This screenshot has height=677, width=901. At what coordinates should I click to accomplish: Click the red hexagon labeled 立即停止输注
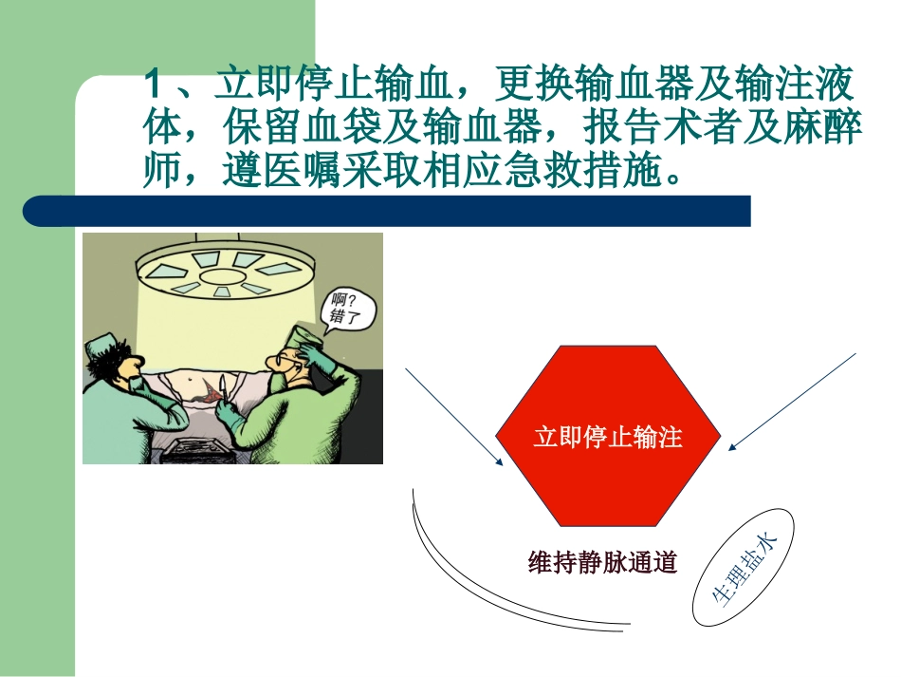(608, 437)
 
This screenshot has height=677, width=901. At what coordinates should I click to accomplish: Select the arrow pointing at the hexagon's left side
(454, 418)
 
